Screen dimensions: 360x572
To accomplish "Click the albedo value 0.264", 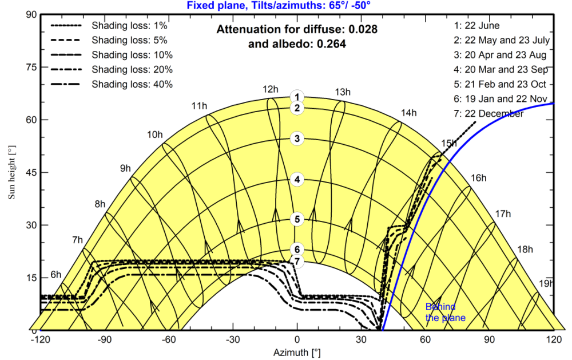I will (328, 43).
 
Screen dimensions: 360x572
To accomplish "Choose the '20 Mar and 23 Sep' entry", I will (501, 69).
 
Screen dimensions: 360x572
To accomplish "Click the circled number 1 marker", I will (297, 97).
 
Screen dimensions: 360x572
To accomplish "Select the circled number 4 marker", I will (297, 180).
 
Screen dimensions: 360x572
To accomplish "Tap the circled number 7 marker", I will (297, 261).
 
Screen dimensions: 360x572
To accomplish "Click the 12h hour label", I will (271, 89).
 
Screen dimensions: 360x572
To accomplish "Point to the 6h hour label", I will (55, 274).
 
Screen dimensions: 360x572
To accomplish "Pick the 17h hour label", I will (503, 214).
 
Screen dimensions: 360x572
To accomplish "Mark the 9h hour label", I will (125, 168).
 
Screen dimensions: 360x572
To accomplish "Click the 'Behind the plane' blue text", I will (445, 312).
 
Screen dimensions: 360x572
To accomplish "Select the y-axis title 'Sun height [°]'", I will (11, 172).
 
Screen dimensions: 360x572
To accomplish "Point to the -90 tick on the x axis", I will (104, 339).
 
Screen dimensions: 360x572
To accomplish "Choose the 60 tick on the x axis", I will (426, 339).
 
